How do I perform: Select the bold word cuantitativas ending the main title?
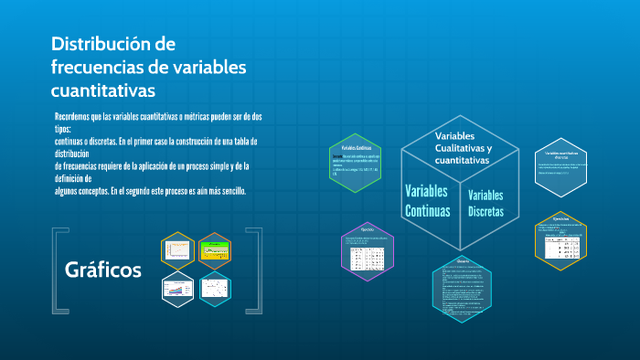tap(103, 90)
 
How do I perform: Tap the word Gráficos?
tap(103, 270)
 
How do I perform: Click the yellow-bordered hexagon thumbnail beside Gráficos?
tap(178, 249)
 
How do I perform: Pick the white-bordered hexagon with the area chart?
tap(178, 289)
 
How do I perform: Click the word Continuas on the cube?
tap(427, 210)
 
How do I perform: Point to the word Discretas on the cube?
tap(485, 212)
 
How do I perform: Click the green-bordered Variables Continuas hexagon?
tap(355, 161)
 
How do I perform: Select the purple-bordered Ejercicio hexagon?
tap(367, 247)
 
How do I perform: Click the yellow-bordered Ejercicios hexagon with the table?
tap(560, 238)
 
